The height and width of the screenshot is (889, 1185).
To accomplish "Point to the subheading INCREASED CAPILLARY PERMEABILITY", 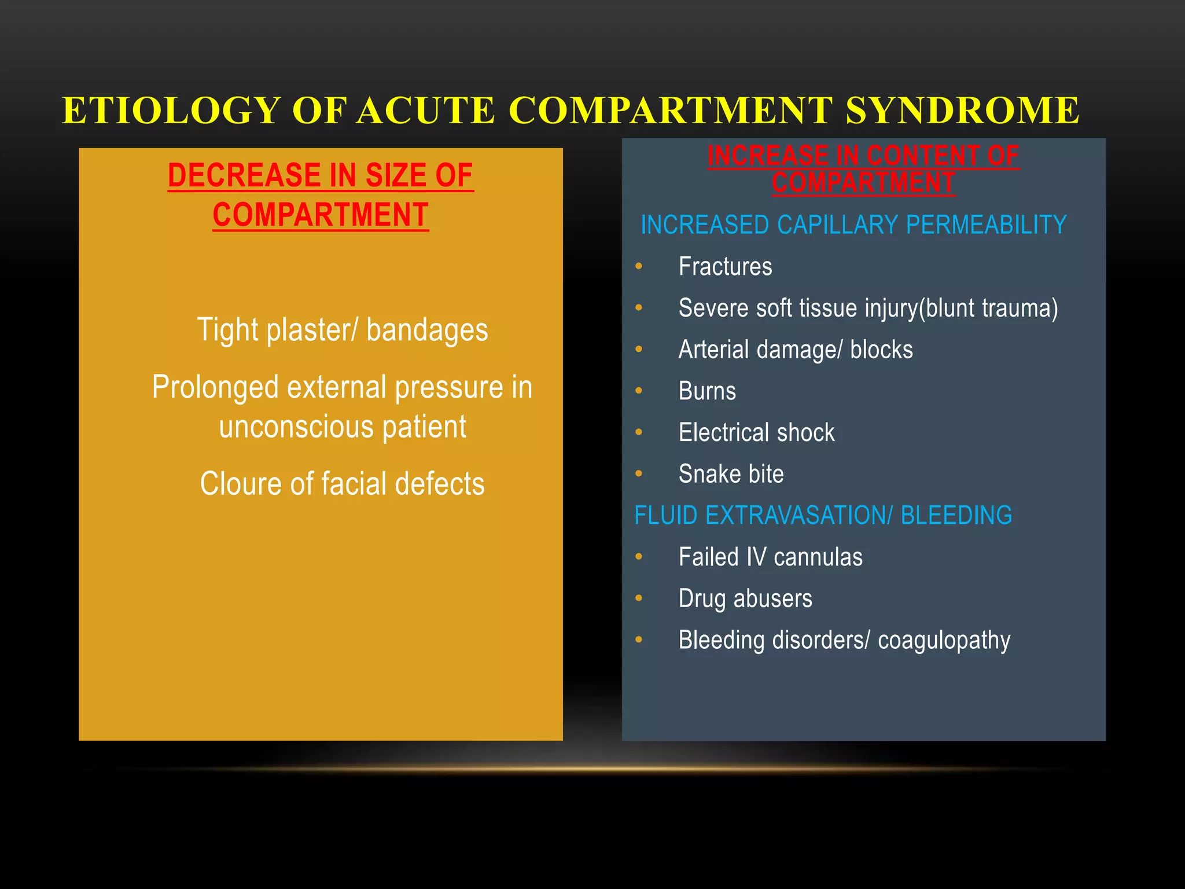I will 853,225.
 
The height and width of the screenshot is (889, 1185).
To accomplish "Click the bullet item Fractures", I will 725,267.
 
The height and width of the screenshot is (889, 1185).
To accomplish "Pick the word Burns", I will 707,391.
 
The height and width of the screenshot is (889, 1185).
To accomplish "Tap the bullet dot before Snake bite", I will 639,473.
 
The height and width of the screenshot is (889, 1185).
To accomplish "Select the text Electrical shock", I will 756,433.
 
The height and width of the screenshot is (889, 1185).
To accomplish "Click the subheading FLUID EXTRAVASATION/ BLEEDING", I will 823,515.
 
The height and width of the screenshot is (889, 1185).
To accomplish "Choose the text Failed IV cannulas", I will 770,557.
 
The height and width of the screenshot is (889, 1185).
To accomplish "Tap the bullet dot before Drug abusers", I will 639,598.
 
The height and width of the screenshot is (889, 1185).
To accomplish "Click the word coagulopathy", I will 944,641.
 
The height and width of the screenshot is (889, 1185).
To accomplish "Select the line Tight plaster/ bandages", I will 343,330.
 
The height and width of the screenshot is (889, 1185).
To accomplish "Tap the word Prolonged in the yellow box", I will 215,387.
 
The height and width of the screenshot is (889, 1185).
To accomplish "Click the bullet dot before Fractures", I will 639,266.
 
